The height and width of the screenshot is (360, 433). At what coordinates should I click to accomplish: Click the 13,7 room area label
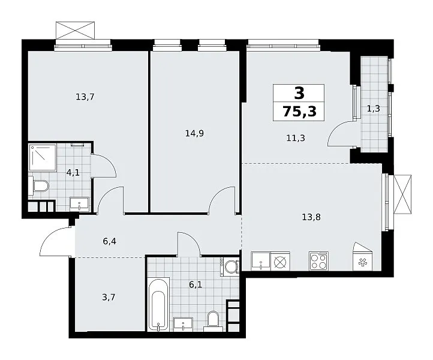(85, 97)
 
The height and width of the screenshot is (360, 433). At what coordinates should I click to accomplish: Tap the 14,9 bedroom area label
(194, 134)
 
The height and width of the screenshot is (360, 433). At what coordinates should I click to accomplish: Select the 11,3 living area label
(296, 137)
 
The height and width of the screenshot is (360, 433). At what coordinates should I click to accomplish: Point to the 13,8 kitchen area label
(311, 217)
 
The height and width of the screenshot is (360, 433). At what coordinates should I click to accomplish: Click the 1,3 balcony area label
(374, 109)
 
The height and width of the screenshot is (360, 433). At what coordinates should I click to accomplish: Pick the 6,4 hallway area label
(109, 241)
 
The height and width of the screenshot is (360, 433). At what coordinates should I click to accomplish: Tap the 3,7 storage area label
(109, 298)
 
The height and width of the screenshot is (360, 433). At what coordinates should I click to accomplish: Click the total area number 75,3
(299, 112)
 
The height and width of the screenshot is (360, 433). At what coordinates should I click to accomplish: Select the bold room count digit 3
(299, 93)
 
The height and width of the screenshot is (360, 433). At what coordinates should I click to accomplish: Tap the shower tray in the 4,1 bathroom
(43, 157)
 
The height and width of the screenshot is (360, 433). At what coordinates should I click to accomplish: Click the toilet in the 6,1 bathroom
(213, 322)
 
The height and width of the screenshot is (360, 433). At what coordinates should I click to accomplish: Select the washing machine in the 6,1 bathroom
(230, 266)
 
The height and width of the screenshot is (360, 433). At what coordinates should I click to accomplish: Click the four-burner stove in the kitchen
(318, 260)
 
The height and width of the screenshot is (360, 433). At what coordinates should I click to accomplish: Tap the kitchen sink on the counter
(261, 261)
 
